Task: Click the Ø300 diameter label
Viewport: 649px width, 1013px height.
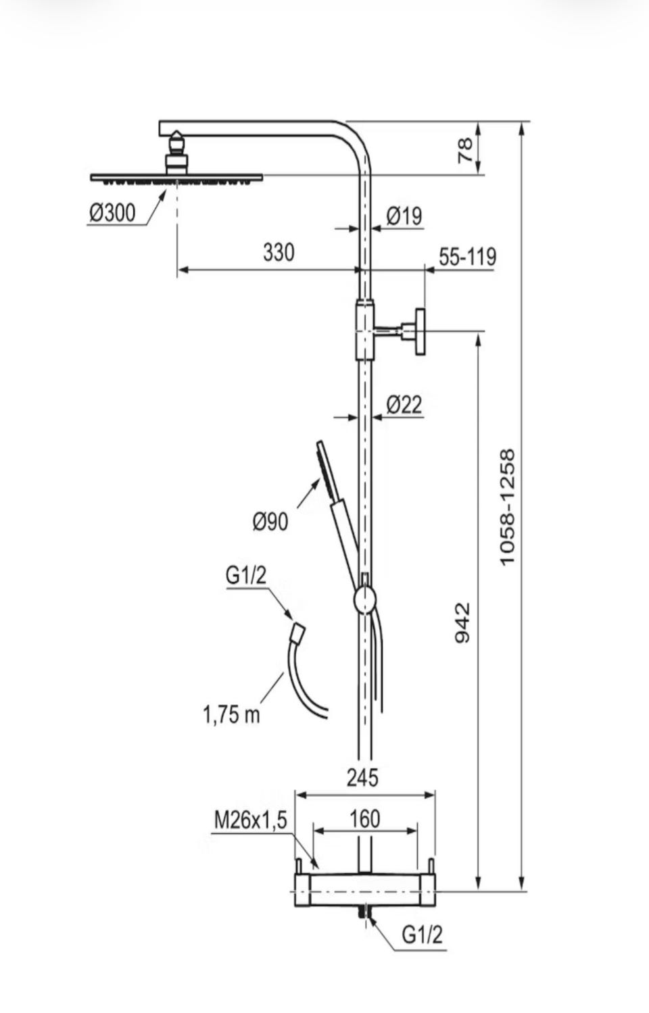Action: click(x=112, y=213)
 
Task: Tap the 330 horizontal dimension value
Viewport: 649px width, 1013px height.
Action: click(x=279, y=252)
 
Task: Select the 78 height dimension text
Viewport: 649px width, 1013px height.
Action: click(x=465, y=151)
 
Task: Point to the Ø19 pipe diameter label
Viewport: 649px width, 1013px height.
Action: click(x=404, y=216)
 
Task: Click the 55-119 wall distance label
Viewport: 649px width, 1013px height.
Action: click(x=468, y=256)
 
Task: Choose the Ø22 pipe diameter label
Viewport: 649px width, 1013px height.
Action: click(x=404, y=405)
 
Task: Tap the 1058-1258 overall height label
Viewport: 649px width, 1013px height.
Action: click(x=508, y=507)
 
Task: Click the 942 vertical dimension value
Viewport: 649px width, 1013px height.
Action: click(x=462, y=622)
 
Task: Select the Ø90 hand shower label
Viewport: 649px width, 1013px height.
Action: click(x=270, y=522)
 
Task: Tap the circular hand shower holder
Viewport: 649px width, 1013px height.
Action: click(x=364, y=599)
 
